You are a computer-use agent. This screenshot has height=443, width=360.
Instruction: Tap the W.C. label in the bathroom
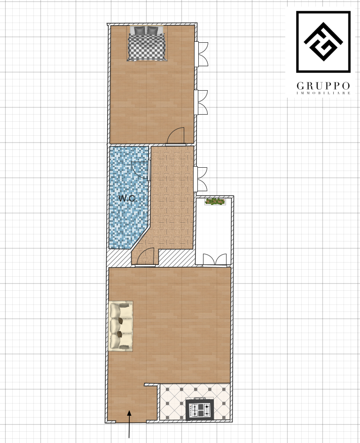(x=128, y=198)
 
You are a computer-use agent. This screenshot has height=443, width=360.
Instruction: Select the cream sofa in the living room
(x=121, y=326)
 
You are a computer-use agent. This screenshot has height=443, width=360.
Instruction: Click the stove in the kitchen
(x=200, y=409)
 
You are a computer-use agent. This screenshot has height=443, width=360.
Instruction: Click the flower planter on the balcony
(x=215, y=202)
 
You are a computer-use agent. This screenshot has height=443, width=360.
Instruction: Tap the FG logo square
(x=323, y=42)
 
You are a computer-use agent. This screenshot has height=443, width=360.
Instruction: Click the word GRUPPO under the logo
(x=323, y=85)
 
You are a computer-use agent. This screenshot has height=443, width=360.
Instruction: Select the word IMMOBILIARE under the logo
(x=323, y=93)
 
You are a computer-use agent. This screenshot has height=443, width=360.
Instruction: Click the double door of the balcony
(x=215, y=260)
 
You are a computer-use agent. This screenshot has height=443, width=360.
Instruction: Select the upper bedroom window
(x=201, y=54)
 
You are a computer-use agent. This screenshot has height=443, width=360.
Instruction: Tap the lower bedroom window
(x=201, y=102)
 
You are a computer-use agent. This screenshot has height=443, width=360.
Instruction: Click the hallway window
(x=200, y=179)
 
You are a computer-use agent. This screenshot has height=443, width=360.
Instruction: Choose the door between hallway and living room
(x=145, y=256)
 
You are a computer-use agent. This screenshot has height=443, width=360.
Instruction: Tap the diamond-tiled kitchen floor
(x=195, y=401)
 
